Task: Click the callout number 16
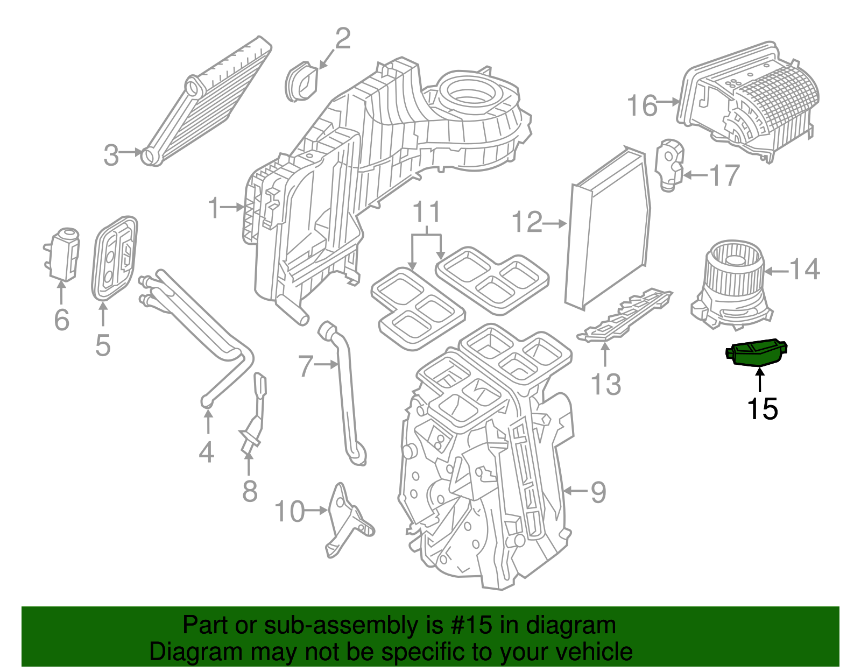(x=642, y=105)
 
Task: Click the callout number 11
(x=427, y=212)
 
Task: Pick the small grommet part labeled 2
(x=302, y=82)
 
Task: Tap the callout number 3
(x=111, y=155)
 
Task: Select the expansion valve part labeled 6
(x=62, y=254)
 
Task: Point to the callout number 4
(x=207, y=452)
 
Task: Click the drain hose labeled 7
(x=343, y=396)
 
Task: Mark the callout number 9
(x=599, y=493)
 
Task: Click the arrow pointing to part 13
(x=605, y=355)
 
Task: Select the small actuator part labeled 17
(x=669, y=165)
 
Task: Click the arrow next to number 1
(x=232, y=207)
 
